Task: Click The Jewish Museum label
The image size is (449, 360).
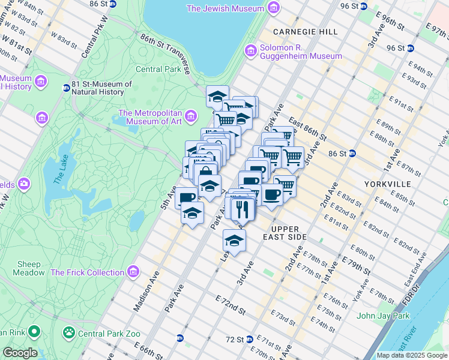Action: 225,8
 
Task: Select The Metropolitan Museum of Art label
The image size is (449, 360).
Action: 150,117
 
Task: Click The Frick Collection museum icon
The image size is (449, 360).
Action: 133,272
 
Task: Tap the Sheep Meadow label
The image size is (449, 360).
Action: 29,268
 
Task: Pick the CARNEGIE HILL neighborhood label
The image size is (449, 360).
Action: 298,31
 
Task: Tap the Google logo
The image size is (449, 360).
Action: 20,353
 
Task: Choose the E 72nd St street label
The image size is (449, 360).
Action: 231,305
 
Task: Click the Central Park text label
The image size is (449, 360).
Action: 158,69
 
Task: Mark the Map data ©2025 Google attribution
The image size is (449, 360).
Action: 412,355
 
